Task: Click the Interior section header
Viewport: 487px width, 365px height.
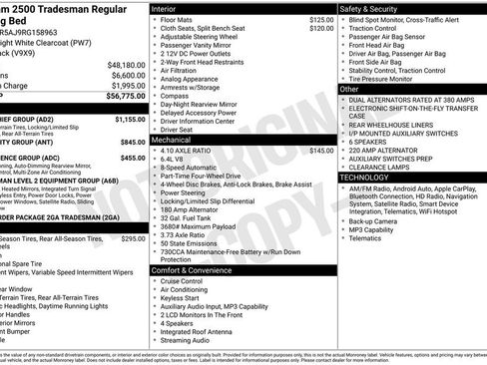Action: click(x=165, y=8)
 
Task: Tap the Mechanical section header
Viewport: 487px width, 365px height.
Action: click(x=172, y=141)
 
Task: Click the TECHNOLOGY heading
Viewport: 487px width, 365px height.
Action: click(x=370, y=177)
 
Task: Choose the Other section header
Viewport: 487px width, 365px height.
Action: click(x=350, y=90)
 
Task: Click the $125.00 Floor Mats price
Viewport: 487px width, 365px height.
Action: click(x=321, y=19)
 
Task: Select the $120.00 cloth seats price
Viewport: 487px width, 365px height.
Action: click(x=321, y=29)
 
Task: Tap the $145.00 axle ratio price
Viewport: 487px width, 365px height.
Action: click(x=321, y=151)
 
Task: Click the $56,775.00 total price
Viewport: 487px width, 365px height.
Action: click(x=122, y=97)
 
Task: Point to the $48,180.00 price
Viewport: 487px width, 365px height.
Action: click(x=126, y=64)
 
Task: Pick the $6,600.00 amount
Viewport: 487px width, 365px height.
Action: click(x=128, y=75)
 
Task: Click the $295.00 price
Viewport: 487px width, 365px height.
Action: click(x=133, y=239)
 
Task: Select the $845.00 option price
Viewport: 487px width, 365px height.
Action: click(x=132, y=141)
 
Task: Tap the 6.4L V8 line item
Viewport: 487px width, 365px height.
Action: click(x=174, y=160)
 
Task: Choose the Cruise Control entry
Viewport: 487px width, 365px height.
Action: click(x=181, y=281)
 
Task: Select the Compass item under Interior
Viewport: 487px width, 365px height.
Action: click(x=175, y=96)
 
